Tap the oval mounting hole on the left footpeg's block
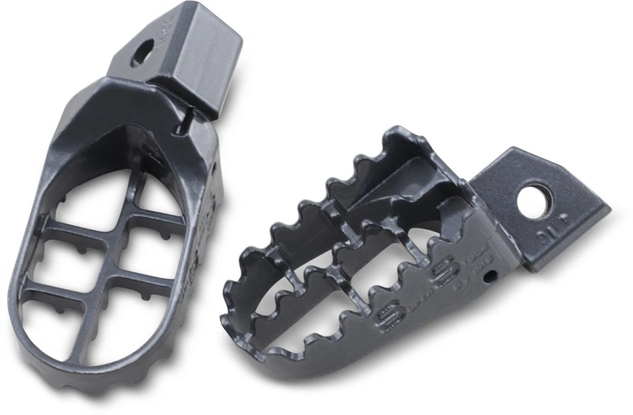(142, 53)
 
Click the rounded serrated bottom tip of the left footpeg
(86, 389)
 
